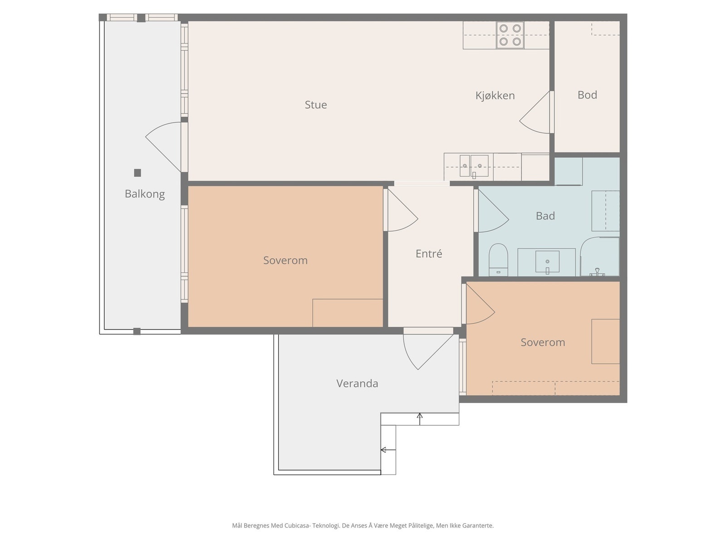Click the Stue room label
[x=315, y=105]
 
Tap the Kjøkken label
[x=495, y=96]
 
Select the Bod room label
[x=587, y=95]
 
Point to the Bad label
[x=545, y=216]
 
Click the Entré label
[x=429, y=253]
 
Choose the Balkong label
[x=145, y=194]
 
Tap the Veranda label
[x=357, y=383]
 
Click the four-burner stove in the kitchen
[x=510, y=35]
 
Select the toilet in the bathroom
[x=498, y=260]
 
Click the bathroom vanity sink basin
[x=547, y=262]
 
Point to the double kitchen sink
[x=474, y=166]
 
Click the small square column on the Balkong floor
[x=137, y=173]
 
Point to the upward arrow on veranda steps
[x=420, y=419]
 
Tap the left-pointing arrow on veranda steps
[x=388, y=450]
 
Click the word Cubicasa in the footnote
[x=298, y=525]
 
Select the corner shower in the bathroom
[x=600, y=256]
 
